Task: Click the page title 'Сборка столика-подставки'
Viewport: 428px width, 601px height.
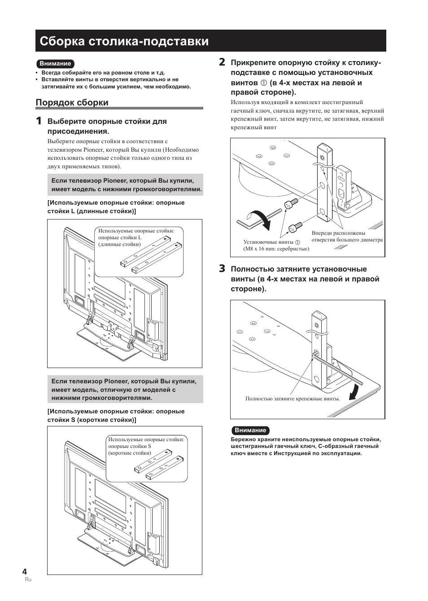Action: point(124,41)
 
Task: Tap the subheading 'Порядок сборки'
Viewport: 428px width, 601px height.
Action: point(72,102)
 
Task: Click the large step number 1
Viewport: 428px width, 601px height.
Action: point(39,121)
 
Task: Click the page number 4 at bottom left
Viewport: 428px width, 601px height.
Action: point(25,571)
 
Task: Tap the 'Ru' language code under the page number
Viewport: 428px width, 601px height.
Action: point(28,580)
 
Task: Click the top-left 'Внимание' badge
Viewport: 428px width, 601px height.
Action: point(55,64)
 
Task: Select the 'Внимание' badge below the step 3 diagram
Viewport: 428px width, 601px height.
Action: point(250,430)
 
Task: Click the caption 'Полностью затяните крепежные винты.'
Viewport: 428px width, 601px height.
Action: point(293,399)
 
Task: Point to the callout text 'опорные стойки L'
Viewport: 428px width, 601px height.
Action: point(120,237)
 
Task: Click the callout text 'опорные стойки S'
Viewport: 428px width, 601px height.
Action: point(130,446)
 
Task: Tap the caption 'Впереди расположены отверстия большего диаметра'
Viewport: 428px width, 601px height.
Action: point(347,237)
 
